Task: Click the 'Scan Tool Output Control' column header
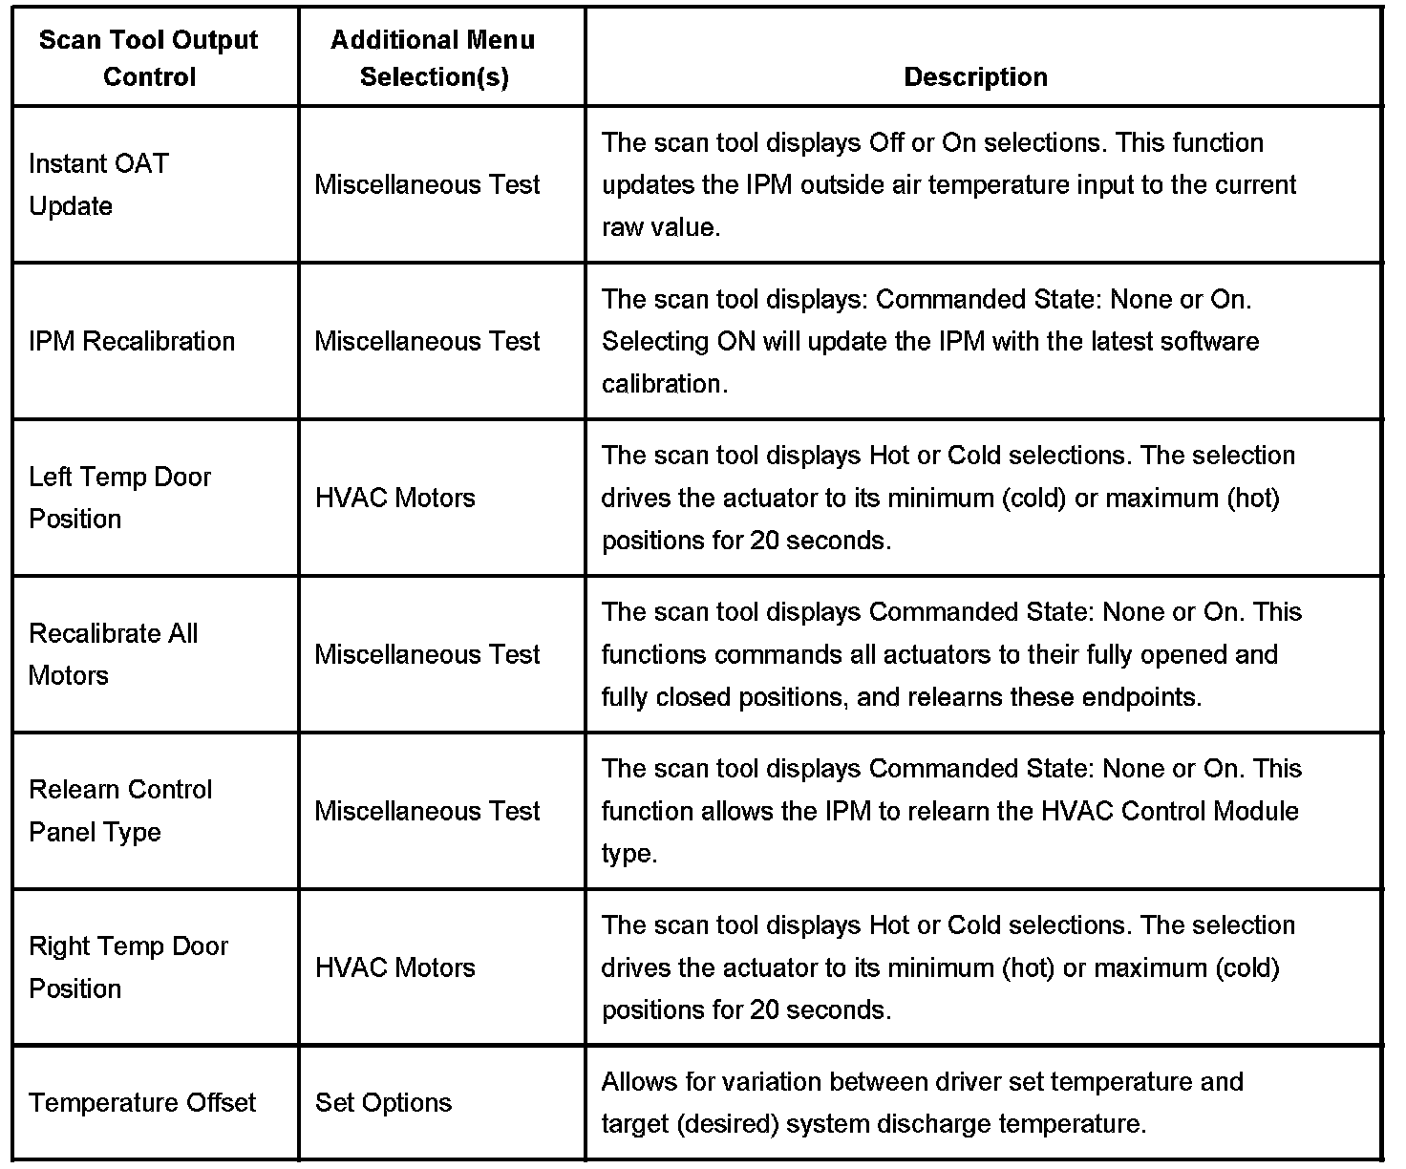click(149, 58)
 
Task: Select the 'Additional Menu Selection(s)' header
click(434, 58)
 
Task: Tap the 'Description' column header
click(975, 76)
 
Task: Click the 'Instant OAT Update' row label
click(98, 184)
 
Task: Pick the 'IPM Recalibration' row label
click(132, 341)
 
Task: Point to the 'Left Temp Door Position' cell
click(119, 498)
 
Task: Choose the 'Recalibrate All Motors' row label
click(114, 654)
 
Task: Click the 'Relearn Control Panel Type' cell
click(120, 811)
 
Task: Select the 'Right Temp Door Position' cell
click(128, 967)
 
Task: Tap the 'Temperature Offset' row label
click(142, 1103)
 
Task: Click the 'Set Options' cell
click(383, 1103)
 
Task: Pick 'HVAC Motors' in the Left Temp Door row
click(394, 498)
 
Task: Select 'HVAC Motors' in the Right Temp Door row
click(394, 967)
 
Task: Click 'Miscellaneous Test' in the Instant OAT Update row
click(427, 184)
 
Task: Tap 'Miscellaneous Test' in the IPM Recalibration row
click(427, 341)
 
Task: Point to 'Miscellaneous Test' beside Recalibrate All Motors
click(427, 654)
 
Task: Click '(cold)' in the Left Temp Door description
click(1034, 498)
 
